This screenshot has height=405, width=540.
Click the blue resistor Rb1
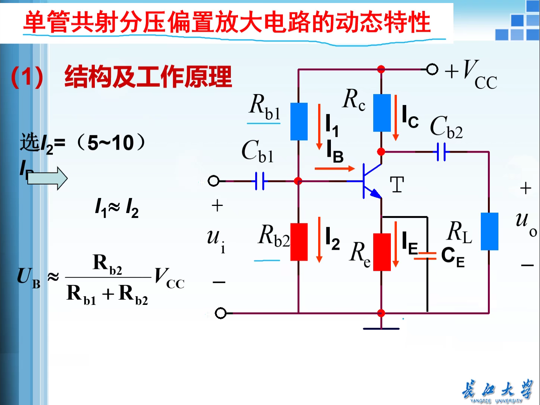[299, 121]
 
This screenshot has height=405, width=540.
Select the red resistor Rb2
[299, 242]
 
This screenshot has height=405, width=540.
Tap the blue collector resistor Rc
[382, 113]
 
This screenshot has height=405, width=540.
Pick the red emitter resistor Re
[382, 252]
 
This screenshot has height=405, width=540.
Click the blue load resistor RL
[489, 231]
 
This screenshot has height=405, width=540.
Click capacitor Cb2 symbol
[441, 152]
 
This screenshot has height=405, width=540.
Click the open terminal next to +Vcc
[432, 69]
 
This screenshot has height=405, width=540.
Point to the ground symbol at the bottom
[381, 328]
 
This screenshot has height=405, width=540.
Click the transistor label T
[397, 185]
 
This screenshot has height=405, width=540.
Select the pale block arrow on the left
[47, 178]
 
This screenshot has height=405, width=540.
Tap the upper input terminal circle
[213, 181]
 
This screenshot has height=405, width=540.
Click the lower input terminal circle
[221, 313]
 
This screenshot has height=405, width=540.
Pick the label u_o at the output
[525, 223]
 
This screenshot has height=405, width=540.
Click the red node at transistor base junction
[298, 181]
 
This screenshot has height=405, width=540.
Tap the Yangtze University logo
[497, 391]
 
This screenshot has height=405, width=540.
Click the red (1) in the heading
[27, 77]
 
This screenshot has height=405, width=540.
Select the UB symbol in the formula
[28, 277]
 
